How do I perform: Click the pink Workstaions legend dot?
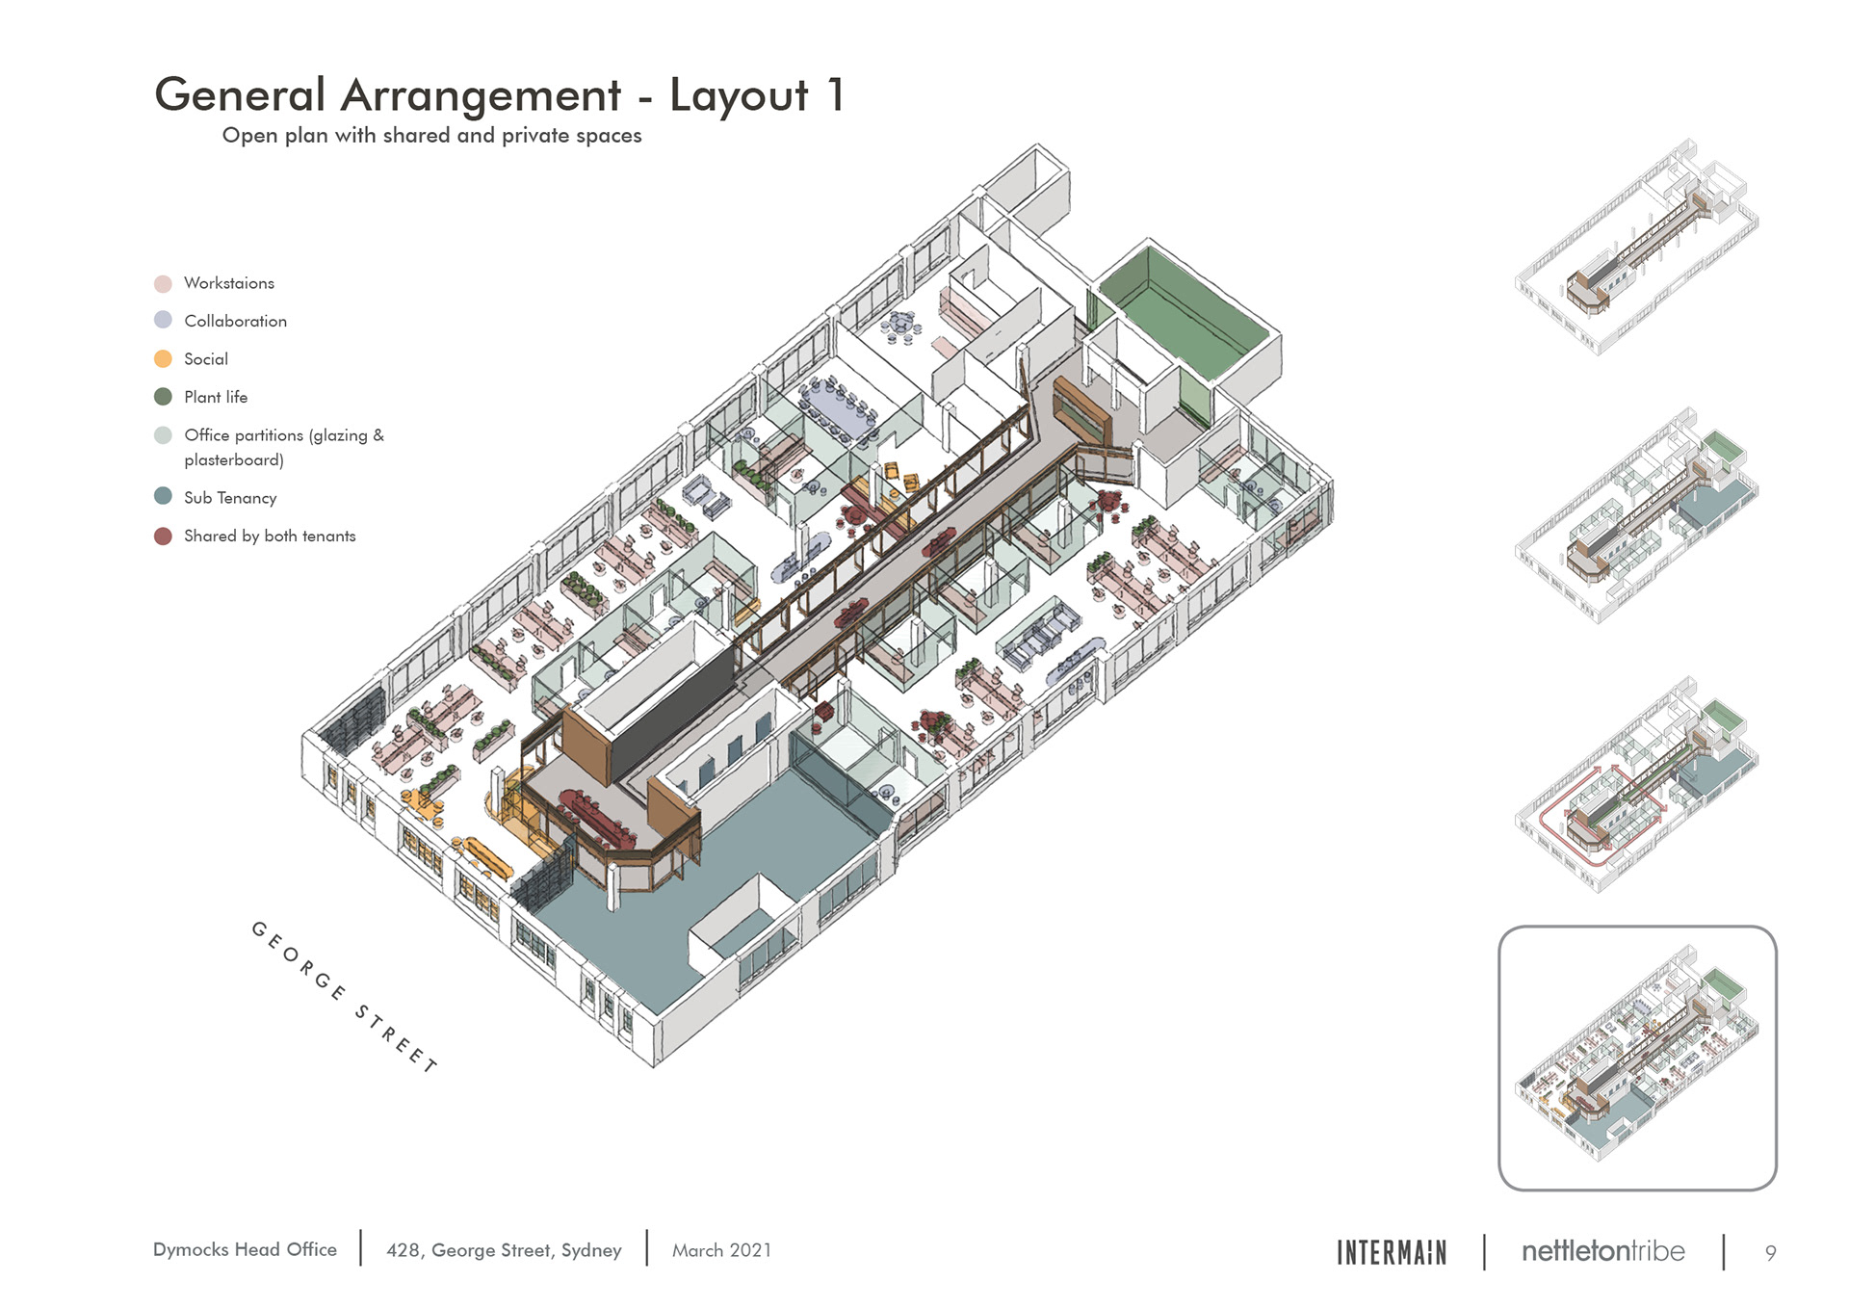(x=163, y=283)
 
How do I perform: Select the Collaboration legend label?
(x=235, y=321)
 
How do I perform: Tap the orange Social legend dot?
(x=163, y=359)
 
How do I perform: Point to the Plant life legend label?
(x=216, y=397)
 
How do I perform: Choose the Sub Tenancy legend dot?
(x=163, y=496)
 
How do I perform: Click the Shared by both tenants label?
(x=270, y=536)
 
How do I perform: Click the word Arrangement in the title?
(x=481, y=96)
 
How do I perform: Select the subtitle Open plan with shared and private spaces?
(x=431, y=136)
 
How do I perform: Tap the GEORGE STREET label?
(x=344, y=996)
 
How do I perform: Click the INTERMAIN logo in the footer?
(x=1392, y=1252)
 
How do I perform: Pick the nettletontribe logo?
(x=1603, y=1251)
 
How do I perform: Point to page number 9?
(x=1770, y=1253)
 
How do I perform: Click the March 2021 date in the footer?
(x=721, y=1250)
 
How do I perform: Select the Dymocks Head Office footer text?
(x=245, y=1249)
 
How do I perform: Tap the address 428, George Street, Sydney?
(x=504, y=1250)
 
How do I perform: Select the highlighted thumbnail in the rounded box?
(x=1637, y=1058)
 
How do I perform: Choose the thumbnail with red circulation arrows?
(x=1637, y=784)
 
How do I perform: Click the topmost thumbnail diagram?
(x=1637, y=247)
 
